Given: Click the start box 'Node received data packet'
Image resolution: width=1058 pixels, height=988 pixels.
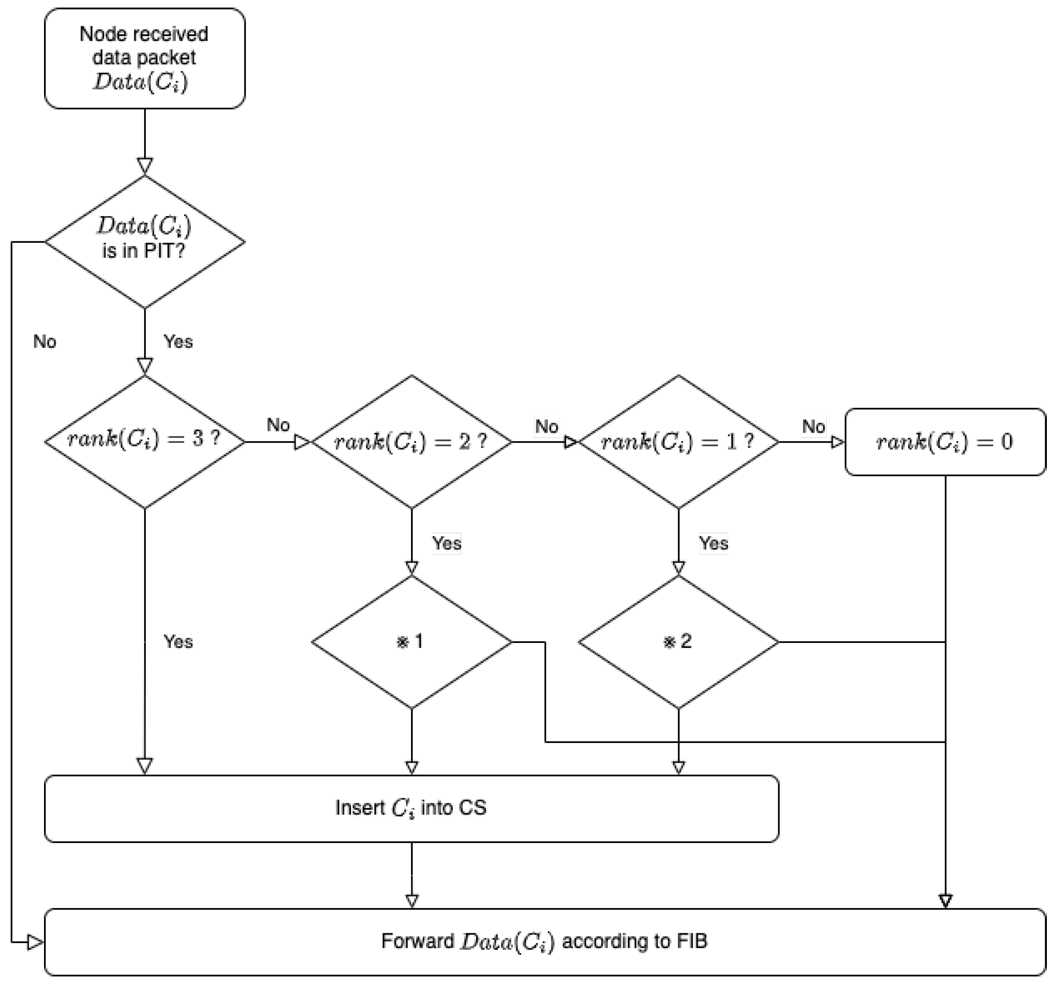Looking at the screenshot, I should (x=144, y=59).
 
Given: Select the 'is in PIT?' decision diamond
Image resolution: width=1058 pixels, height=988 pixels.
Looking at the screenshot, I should (x=144, y=241).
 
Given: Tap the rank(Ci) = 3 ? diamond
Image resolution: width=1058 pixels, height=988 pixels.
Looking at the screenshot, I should (x=144, y=441).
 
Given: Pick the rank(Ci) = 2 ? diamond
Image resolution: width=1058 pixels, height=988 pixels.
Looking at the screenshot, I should (x=411, y=441).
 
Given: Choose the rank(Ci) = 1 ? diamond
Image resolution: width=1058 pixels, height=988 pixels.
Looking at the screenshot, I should (x=678, y=441).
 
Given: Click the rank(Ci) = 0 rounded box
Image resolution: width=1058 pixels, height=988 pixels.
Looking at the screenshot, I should (x=945, y=442).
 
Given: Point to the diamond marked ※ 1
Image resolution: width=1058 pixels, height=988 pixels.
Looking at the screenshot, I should (x=411, y=642).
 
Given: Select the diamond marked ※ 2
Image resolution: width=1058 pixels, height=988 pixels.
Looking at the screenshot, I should (x=678, y=642).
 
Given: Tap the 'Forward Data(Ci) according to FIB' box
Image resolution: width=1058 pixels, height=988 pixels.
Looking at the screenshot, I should (x=545, y=942).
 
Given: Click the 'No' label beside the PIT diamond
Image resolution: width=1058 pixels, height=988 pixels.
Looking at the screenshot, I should (x=45, y=341).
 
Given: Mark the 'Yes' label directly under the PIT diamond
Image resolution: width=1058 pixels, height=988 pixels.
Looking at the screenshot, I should (x=178, y=341).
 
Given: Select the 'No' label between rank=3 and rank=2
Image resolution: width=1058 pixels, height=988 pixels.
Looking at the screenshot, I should (x=278, y=425).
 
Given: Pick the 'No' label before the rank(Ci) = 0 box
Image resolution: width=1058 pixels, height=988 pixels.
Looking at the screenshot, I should (x=813, y=426).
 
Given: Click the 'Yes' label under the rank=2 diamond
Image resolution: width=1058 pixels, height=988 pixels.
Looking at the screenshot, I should (x=447, y=543).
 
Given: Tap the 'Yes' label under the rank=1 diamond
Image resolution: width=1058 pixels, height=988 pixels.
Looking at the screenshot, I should (x=713, y=543).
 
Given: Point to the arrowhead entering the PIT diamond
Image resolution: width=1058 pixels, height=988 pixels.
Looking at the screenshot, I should (x=145, y=166).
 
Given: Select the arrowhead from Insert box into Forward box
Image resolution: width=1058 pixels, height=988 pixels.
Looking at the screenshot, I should (x=411, y=901).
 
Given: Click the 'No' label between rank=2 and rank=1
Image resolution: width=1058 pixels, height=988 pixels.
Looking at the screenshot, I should (x=547, y=426).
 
